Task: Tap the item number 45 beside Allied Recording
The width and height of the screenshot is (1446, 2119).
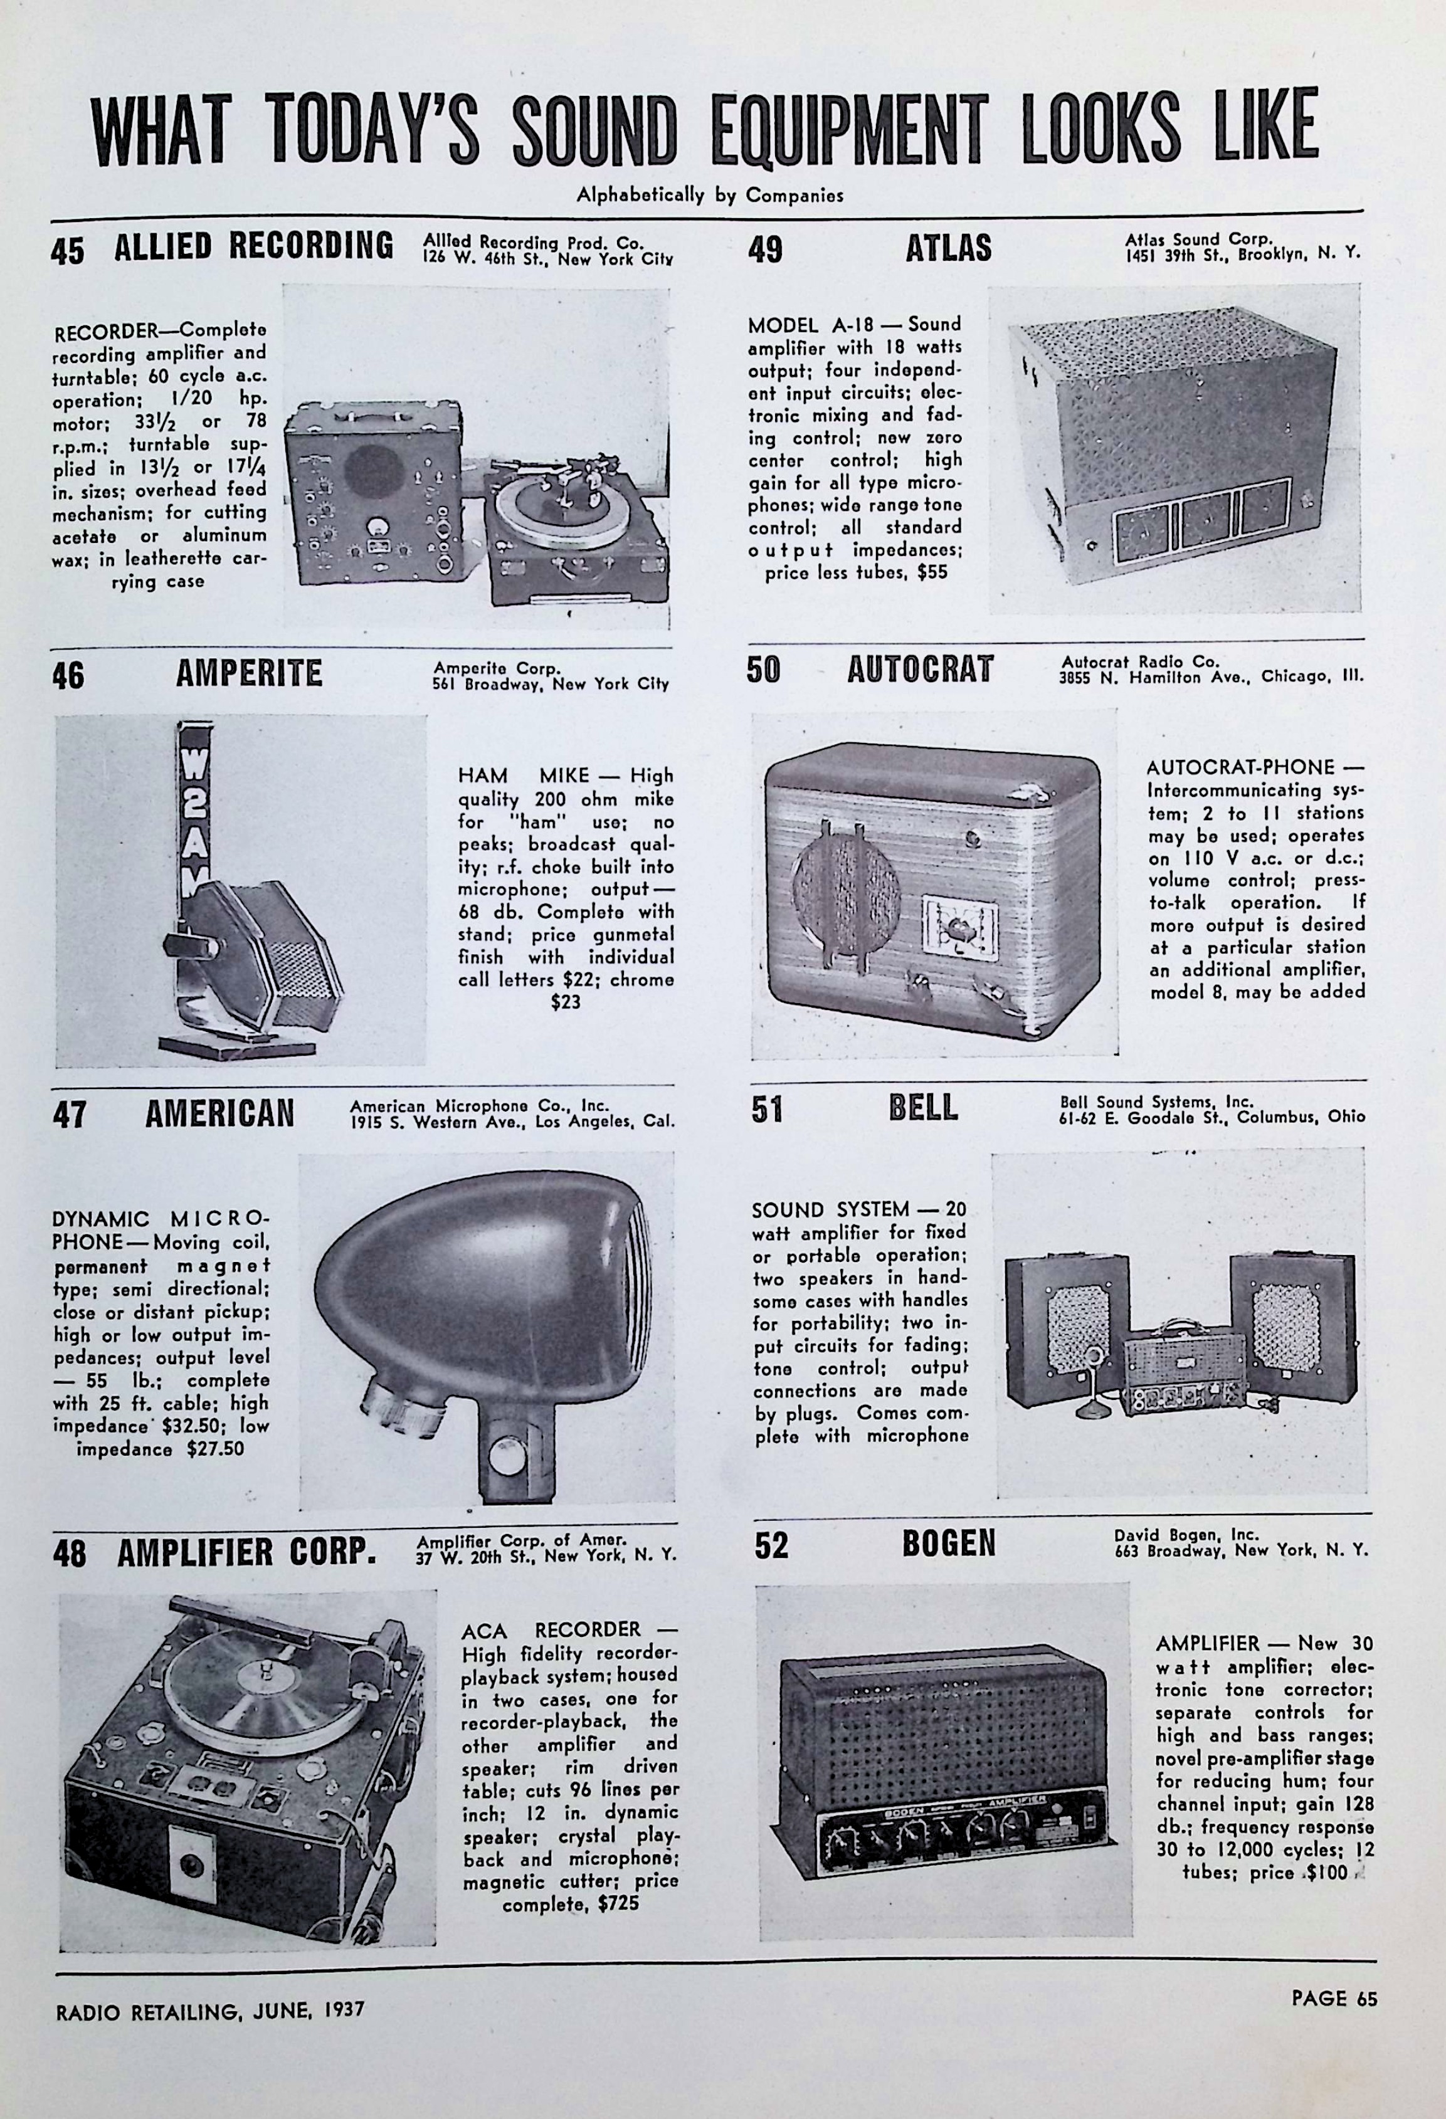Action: coord(68,251)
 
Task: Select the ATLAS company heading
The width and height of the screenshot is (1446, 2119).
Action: coord(948,249)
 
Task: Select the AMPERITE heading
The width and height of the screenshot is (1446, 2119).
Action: coord(249,674)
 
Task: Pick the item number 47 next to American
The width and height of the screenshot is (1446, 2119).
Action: coord(70,1115)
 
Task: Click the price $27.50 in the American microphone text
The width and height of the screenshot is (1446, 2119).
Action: coord(214,1449)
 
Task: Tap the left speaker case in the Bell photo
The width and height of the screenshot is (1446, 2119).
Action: coord(1065,1331)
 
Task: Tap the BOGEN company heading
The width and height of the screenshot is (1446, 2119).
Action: coord(949,1543)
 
